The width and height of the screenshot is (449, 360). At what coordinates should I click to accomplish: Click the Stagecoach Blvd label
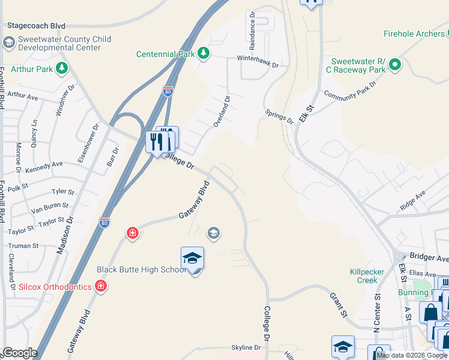(36, 26)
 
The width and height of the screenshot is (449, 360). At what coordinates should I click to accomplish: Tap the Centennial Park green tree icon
(203, 53)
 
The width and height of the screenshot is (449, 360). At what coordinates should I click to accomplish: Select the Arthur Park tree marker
(61, 69)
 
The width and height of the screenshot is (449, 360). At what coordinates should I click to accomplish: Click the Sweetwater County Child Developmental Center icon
(8, 43)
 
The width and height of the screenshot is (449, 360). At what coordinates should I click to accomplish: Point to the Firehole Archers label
(414, 34)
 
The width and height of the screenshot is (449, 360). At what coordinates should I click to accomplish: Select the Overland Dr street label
(221, 111)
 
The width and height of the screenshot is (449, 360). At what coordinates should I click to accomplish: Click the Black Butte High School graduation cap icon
(192, 258)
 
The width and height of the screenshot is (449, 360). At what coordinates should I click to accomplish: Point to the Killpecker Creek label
(367, 276)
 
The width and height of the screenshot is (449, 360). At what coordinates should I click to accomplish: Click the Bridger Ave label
(429, 259)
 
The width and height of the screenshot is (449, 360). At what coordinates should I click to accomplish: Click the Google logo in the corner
(20, 353)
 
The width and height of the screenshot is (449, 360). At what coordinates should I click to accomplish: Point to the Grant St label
(339, 305)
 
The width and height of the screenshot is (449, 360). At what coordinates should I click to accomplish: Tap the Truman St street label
(23, 245)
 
